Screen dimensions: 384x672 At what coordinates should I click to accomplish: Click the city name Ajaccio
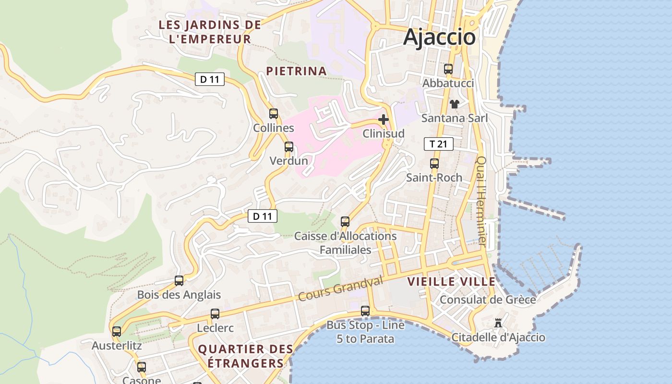click(x=439, y=37)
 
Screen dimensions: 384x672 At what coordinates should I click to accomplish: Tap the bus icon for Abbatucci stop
click(x=448, y=69)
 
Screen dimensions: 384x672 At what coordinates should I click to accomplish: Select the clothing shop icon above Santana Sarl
click(x=454, y=104)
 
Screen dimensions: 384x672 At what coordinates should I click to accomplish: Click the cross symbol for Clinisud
click(x=384, y=119)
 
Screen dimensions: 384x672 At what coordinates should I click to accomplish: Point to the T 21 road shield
click(x=438, y=144)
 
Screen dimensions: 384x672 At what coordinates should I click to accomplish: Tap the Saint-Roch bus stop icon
click(x=434, y=164)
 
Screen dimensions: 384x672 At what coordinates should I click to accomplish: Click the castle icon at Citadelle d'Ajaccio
click(x=498, y=323)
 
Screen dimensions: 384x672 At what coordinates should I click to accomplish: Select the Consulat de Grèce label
click(x=488, y=300)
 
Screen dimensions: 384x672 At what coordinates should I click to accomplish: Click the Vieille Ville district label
click(x=451, y=282)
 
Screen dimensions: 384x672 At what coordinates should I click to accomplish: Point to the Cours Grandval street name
click(x=340, y=289)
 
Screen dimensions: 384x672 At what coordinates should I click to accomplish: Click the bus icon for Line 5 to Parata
click(x=365, y=311)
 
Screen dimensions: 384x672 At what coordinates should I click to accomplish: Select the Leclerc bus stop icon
click(x=215, y=314)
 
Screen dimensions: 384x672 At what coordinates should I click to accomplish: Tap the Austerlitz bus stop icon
click(x=117, y=332)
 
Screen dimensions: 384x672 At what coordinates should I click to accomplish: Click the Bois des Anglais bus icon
click(x=179, y=281)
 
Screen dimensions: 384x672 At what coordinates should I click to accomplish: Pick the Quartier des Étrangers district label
click(x=246, y=356)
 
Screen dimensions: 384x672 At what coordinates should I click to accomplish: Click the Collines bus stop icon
click(x=274, y=114)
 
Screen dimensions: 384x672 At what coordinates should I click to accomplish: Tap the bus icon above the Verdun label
click(x=288, y=147)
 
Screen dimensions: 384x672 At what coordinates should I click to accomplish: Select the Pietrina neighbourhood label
click(x=296, y=71)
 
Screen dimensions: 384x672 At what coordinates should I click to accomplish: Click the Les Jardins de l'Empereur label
click(x=210, y=32)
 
